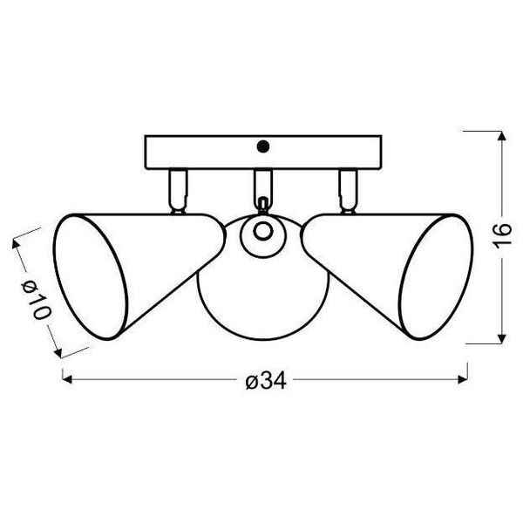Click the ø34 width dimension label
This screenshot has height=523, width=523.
point(266,381)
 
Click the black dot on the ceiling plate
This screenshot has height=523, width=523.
point(265,146)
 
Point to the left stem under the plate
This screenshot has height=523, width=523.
point(177,187)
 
